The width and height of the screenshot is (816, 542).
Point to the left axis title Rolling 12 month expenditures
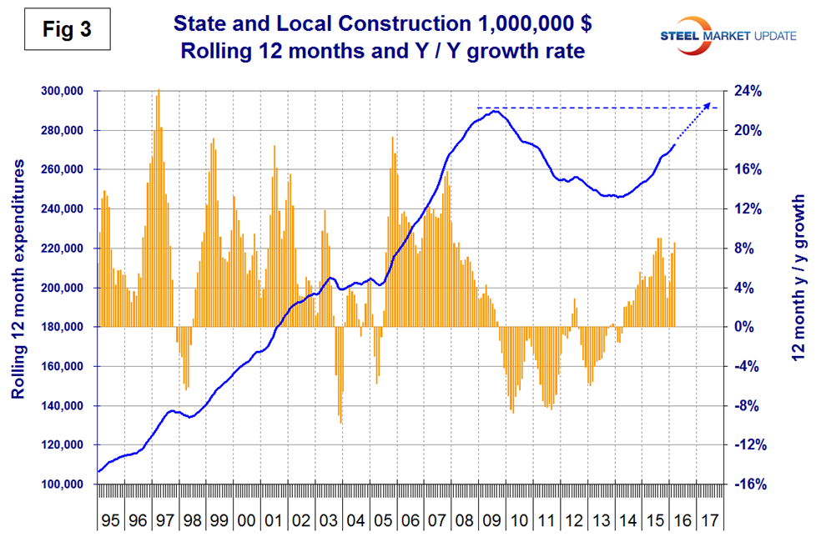click(x=18, y=288)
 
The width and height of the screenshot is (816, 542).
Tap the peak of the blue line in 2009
click(x=496, y=111)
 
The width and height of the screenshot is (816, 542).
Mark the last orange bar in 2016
click(x=674, y=243)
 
